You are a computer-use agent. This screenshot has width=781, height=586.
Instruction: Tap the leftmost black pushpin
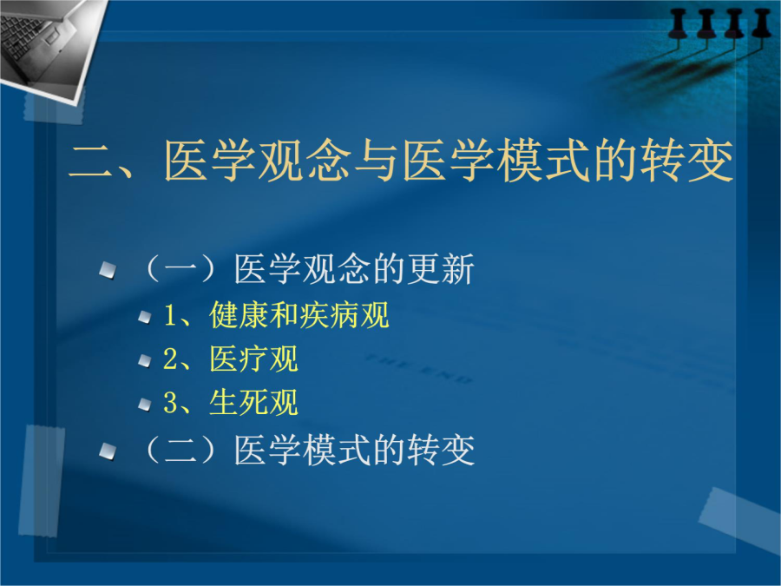tap(678, 24)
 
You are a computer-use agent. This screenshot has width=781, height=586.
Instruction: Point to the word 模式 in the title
tap(542, 161)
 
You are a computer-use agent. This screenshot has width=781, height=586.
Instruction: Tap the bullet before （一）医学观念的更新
tap(108, 271)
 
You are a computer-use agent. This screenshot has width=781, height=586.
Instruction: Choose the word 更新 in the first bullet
tap(440, 270)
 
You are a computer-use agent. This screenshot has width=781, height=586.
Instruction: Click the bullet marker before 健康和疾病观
tap(144, 317)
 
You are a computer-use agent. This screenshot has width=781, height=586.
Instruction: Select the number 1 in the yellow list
tap(170, 316)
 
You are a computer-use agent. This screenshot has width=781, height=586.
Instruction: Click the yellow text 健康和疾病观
tap(299, 315)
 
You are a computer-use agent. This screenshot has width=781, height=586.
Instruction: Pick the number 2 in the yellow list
tap(170, 359)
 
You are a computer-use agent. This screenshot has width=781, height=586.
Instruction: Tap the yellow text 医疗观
tap(253, 359)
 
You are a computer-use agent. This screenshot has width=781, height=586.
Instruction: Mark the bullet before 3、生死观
tap(144, 404)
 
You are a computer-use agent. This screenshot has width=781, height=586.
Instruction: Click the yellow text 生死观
tap(253, 402)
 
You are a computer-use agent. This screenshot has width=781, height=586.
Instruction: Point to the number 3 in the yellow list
tap(170, 403)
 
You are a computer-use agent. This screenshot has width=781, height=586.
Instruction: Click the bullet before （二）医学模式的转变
tap(108, 451)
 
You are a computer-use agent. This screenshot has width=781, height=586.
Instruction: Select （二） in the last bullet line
tap(180, 451)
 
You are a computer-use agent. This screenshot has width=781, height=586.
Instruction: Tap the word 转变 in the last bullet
tap(440, 451)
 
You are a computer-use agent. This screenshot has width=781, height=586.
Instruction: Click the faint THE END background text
tap(418, 370)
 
